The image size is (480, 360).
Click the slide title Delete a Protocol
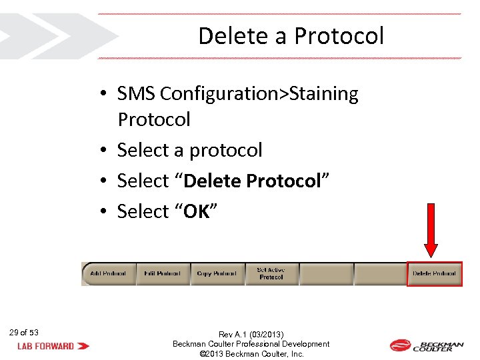click(x=291, y=35)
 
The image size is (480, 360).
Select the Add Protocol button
click(x=109, y=273)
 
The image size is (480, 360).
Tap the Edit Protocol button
click(x=163, y=273)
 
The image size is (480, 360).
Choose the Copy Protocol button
click(x=217, y=273)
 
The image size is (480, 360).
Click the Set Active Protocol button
click(x=271, y=273)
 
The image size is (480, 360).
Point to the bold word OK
click(x=197, y=211)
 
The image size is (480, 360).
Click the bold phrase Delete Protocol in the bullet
click(x=253, y=181)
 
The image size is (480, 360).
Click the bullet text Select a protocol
click(x=189, y=151)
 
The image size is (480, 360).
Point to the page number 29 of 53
click(x=24, y=332)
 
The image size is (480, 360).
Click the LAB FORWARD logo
click(x=53, y=346)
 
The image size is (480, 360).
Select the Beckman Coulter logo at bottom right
click(x=427, y=345)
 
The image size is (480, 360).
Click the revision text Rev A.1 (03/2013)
click(x=251, y=334)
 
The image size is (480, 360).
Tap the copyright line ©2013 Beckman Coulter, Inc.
click(x=251, y=354)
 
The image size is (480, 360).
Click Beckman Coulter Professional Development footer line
click(x=251, y=344)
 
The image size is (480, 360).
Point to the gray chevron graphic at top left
click(x=53, y=35)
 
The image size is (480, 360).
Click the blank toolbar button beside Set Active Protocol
click(x=325, y=273)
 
